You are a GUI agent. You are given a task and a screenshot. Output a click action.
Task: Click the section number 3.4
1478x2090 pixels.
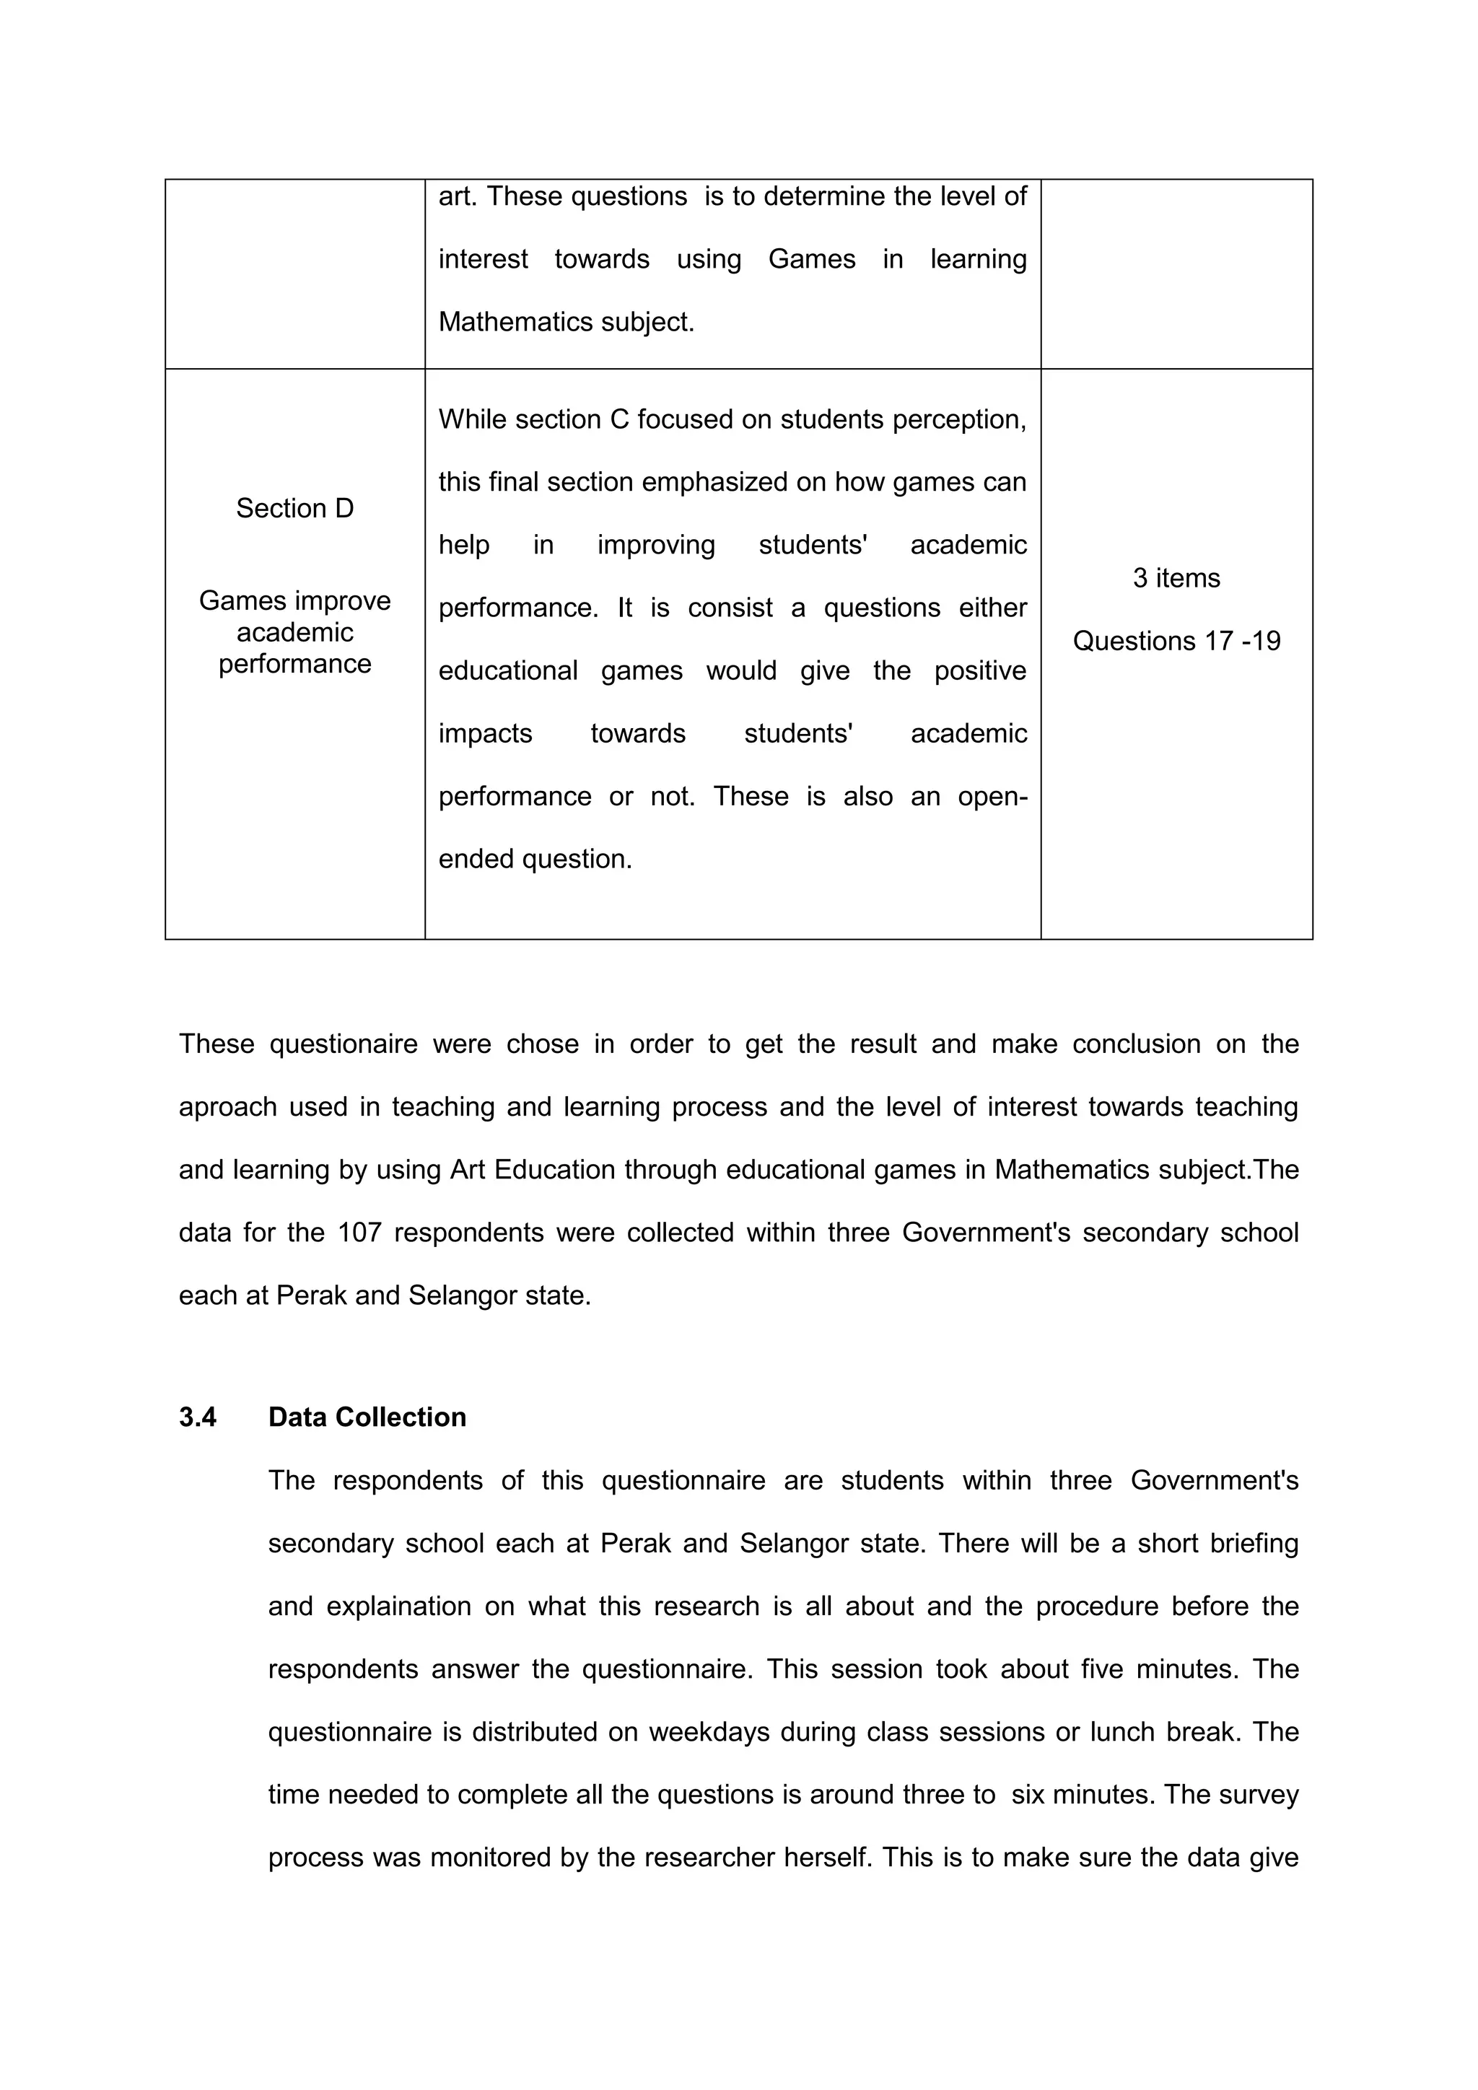pyautogui.click(x=198, y=1417)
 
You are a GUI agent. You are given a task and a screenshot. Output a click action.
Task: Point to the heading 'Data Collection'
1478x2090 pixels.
pyautogui.click(x=367, y=1417)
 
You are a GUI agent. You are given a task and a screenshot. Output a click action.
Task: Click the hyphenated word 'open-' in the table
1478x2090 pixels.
pyautogui.click(x=991, y=797)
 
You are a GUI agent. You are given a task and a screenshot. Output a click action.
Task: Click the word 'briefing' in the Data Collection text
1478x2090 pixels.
pyautogui.click(x=1254, y=1544)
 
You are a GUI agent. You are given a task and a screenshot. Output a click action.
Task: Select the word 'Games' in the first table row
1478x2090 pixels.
pyautogui.click(x=811, y=259)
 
